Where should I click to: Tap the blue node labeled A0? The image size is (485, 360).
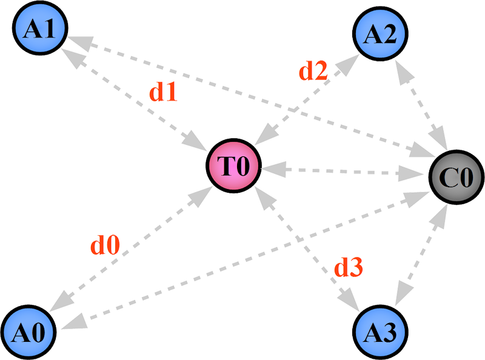tap(29, 333)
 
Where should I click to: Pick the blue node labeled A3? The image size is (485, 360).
tap(381, 332)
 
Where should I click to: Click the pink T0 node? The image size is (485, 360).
tap(234, 165)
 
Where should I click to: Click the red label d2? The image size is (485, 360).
tap(313, 72)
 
